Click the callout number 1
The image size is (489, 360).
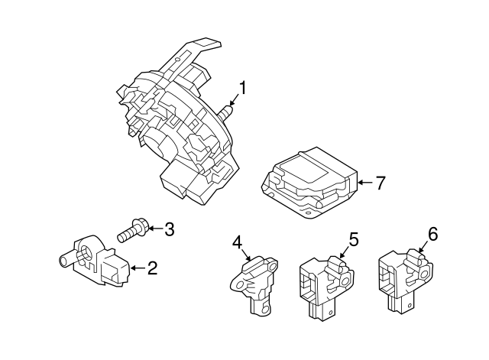point(242,88)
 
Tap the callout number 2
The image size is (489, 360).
point(152,268)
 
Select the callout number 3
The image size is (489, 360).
point(169,229)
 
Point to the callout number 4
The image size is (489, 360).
point(237,242)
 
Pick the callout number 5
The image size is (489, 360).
point(354,239)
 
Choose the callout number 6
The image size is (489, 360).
point(433,234)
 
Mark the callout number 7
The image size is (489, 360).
point(381,183)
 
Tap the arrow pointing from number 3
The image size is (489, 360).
point(155,229)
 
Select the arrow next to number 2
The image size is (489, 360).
point(138,268)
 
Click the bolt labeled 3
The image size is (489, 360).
point(133,231)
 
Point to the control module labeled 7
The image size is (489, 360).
point(309,183)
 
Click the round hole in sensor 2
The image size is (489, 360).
point(86,252)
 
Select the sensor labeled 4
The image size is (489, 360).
point(254,284)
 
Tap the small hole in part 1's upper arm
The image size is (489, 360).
point(177,60)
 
